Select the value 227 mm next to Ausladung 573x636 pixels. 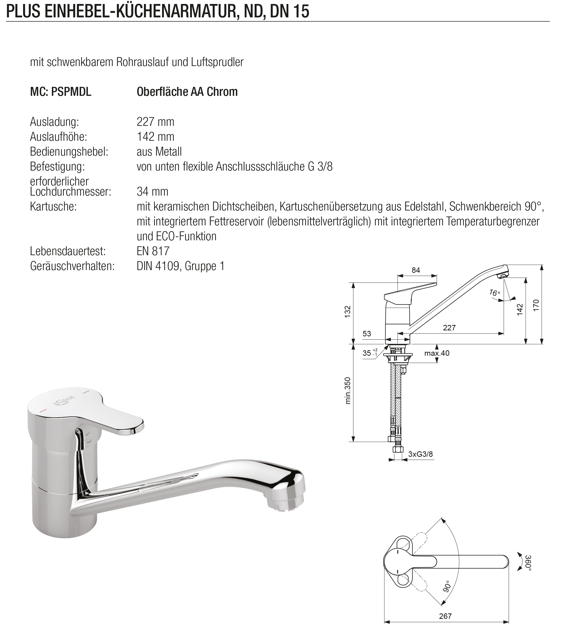[155, 122]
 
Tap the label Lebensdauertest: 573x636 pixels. [68, 251]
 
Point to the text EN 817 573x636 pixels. [153, 251]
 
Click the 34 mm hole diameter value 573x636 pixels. [152, 192]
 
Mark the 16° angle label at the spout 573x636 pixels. [494, 293]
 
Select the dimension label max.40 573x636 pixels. [437, 353]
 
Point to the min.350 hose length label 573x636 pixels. [348, 390]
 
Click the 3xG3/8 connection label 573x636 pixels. [420, 454]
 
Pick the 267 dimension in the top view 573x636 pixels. [445, 616]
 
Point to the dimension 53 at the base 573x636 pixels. [367, 334]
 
